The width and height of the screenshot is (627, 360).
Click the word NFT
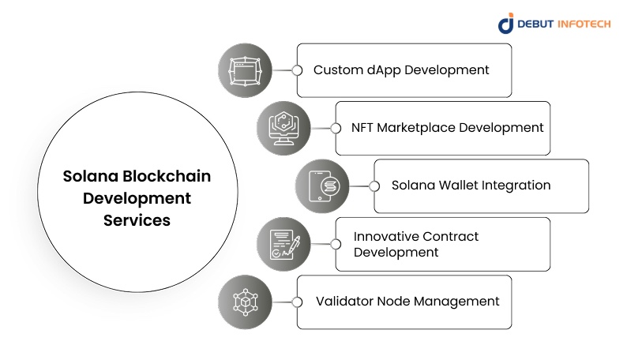pyautogui.click(x=365, y=127)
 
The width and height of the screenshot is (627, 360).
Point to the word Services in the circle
pyautogui.click(x=137, y=220)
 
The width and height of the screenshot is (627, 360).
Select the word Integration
pyautogui.click(x=517, y=186)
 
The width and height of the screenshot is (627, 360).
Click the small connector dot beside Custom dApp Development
pyautogui.click(x=297, y=70)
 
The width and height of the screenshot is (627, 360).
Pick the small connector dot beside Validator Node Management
pyautogui.click(x=297, y=302)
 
